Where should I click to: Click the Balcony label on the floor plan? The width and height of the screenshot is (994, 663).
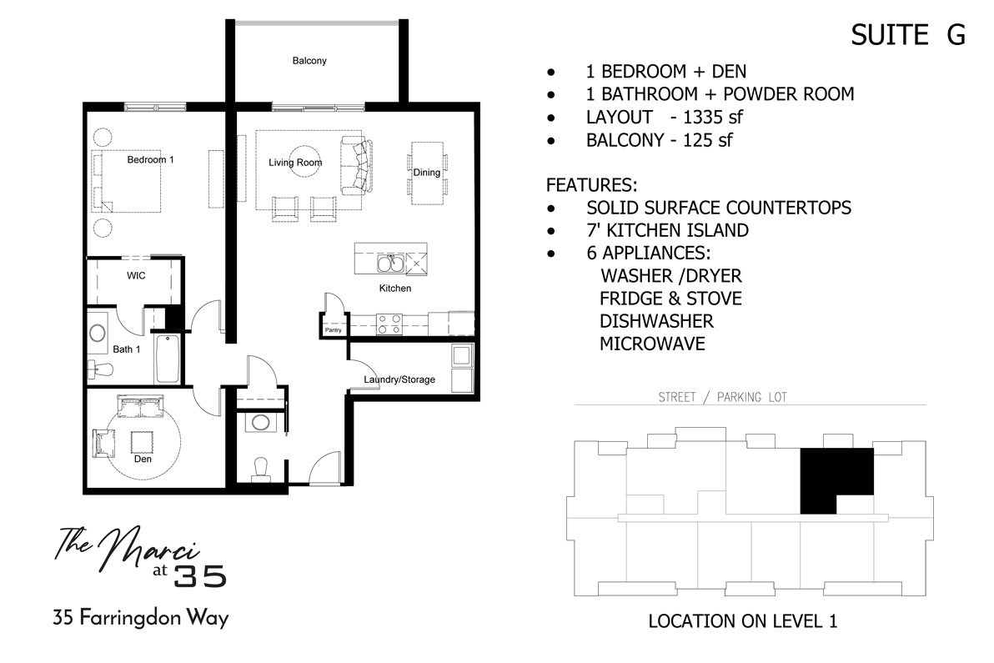point(309,61)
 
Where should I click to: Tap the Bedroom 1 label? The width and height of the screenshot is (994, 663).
point(150,159)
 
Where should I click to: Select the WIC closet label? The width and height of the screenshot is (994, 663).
point(136,275)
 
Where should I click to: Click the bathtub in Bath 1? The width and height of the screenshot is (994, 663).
point(166,359)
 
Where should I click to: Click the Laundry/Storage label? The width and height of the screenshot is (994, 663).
point(399,379)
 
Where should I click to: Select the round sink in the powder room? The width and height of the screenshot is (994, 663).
point(259,423)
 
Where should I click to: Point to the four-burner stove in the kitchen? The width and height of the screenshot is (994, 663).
point(389,323)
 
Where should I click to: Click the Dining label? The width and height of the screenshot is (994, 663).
point(426,173)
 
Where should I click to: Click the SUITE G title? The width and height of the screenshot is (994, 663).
point(907,35)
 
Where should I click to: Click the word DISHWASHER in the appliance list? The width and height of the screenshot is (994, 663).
point(656,321)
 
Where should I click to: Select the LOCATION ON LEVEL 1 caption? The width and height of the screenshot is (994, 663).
point(741,621)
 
